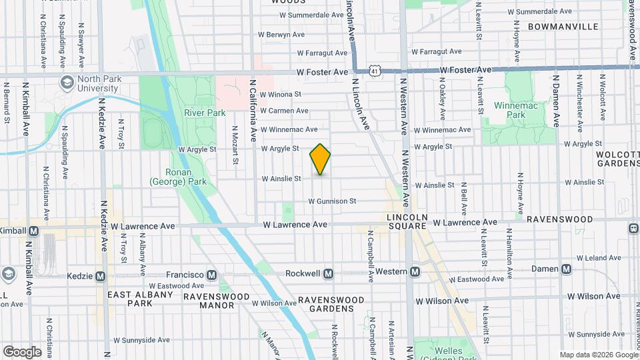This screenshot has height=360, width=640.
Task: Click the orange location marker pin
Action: pos(320,159)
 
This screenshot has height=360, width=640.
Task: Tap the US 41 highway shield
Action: pos(377,70)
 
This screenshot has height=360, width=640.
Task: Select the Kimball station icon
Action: pos(33,231)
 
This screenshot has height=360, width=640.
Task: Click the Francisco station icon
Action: pos(211,275)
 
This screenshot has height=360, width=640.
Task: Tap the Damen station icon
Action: pos(566,269)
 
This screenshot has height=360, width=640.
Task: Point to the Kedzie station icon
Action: pos(101,275)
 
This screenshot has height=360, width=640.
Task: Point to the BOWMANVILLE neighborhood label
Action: pos(563,27)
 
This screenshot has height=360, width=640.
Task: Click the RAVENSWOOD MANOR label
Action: pos(209,301)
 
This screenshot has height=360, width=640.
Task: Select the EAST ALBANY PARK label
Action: pos(130,299)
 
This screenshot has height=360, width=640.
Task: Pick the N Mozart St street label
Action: pos(235,146)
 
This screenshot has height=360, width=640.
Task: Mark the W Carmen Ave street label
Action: pos(284,111)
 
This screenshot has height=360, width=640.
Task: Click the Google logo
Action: pos(22,352)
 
